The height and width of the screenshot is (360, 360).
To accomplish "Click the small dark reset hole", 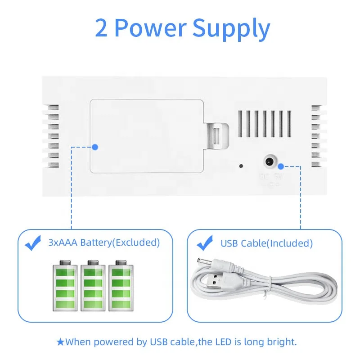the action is point(241,166).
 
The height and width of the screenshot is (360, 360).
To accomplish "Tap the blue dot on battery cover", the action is point(95,147).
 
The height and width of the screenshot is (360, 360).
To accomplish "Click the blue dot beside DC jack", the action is point(280,166).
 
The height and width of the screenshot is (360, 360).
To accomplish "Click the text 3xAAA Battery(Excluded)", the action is point(104,243).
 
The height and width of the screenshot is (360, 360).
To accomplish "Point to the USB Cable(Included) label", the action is point(266,243).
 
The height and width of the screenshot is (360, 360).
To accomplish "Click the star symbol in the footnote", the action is point(60,342).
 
